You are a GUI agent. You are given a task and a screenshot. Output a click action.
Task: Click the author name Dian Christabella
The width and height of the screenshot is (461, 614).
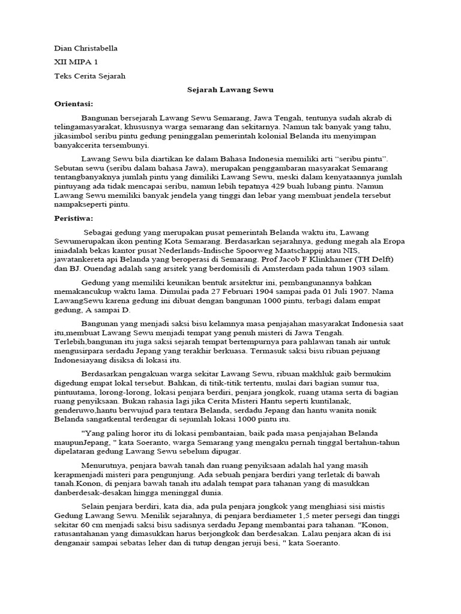[86, 48]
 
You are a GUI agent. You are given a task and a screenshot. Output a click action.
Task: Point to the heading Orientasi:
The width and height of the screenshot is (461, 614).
[74, 103]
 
